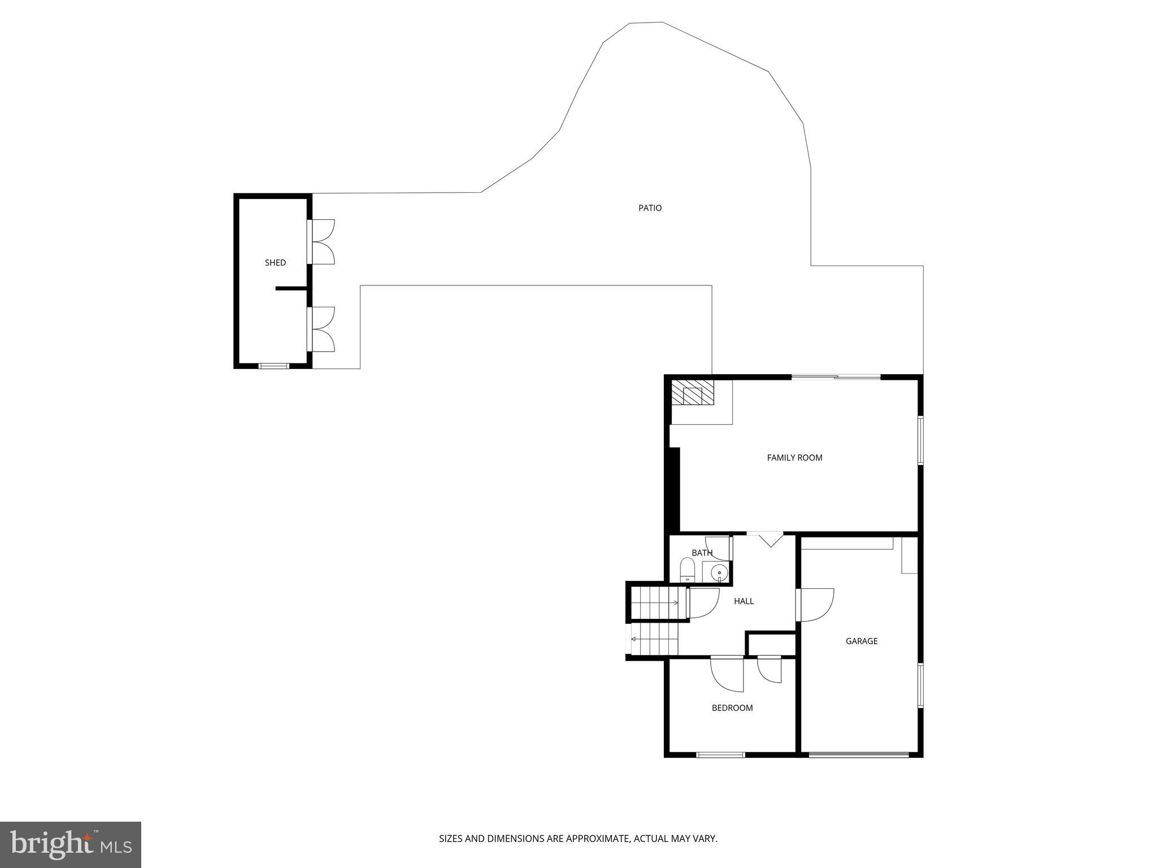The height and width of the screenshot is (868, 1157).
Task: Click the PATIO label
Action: (650, 208)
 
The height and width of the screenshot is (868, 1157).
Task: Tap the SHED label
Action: (275, 263)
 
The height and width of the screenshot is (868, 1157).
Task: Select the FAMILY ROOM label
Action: (794, 458)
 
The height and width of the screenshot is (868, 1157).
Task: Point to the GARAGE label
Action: (861, 641)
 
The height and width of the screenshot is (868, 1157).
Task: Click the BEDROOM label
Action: (732, 708)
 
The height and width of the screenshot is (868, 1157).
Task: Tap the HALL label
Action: (743, 601)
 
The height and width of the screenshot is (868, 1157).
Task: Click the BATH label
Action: (702, 553)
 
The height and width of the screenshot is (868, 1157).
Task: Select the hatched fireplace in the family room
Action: (692, 392)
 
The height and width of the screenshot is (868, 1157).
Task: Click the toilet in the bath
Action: (687, 570)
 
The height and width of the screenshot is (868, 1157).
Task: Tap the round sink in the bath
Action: (719, 573)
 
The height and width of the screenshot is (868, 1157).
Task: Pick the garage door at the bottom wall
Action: (859, 754)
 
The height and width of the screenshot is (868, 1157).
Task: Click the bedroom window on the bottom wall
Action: (720, 754)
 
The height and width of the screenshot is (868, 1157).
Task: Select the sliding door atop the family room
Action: (836, 377)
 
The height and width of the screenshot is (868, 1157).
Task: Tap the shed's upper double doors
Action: (322, 242)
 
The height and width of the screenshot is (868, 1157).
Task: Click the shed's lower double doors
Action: (322, 329)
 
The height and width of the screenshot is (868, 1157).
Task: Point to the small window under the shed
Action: (274, 366)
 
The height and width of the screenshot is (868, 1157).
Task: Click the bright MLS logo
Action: (71, 844)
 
